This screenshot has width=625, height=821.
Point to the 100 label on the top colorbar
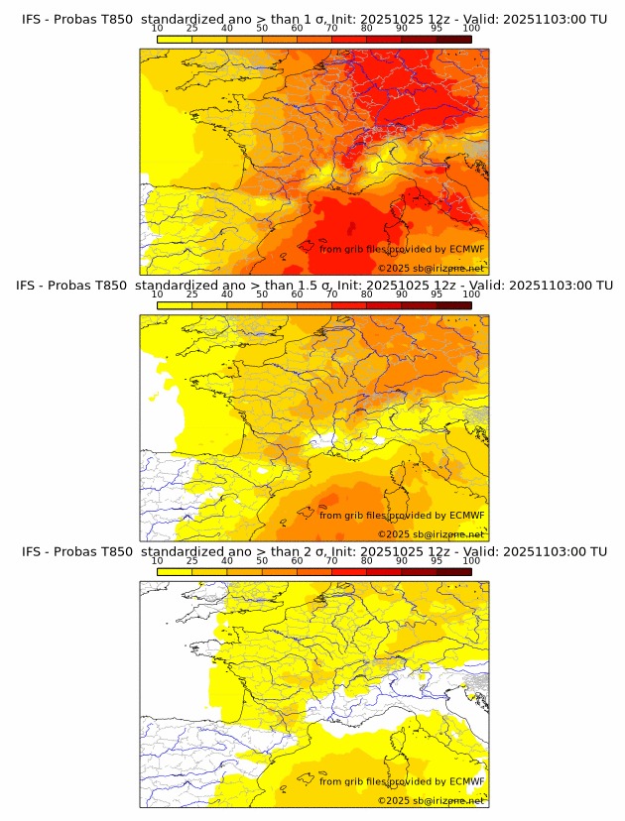pyautogui.click(x=471, y=29)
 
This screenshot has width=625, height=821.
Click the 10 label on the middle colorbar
pyautogui.click(x=158, y=294)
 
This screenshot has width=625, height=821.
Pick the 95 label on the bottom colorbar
pyautogui.click(x=437, y=561)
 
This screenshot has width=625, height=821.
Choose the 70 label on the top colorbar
pyautogui.click(x=331, y=29)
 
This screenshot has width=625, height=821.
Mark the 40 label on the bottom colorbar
pyautogui.click(x=227, y=561)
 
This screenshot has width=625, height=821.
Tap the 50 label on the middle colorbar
pyautogui.click(x=262, y=294)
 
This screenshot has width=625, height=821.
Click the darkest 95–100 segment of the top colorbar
pyautogui.click(x=453, y=38)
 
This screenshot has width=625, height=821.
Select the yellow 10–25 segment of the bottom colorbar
pyautogui.click(x=175, y=571)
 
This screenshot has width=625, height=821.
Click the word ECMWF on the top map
pyautogui.click(x=466, y=249)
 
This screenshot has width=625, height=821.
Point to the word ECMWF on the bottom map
pyautogui.click(x=466, y=781)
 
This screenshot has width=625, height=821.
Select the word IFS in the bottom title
pyautogui.click(x=32, y=551)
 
